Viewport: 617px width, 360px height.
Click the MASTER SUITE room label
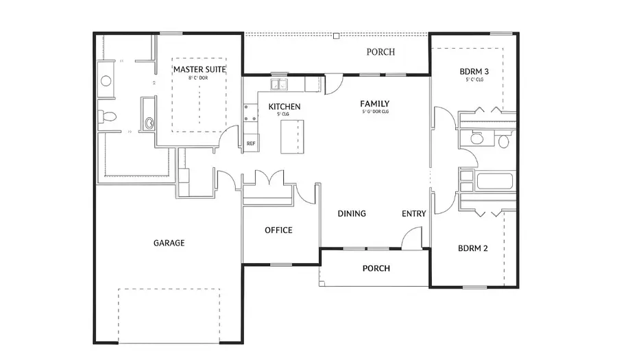pyautogui.click(x=199, y=69)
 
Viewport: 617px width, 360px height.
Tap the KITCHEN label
pyautogui.click(x=284, y=107)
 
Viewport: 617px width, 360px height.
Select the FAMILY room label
pyautogui.click(x=375, y=104)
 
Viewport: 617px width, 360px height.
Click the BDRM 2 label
pyautogui.click(x=472, y=248)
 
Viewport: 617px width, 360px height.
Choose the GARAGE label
pyautogui.click(x=169, y=243)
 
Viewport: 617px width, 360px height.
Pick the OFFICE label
pyautogui.click(x=278, y=230)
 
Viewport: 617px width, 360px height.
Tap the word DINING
pyautogui.click(x=352, y=213)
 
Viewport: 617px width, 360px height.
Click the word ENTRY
pyautogui.click(x=413, y=214)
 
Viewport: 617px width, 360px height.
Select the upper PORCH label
pyautogui.click(x=380, y=52)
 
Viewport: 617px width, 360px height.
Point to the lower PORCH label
pyautogui.click(x=376, y=268)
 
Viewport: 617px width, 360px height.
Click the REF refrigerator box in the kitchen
pyautogui.click(x=251, y=143)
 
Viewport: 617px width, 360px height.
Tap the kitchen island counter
pyautogui.click(x=294, y=136)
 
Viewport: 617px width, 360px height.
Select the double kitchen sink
pyautogui.click(x=279, y=85)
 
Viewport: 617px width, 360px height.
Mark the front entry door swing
pyautogui.click(x=412, y=239)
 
